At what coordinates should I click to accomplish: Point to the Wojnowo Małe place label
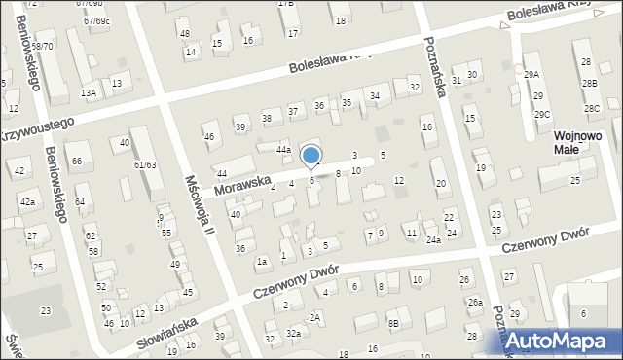(578, 143)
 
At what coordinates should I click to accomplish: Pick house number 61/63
(145, 164)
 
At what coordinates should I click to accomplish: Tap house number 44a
(283, 150)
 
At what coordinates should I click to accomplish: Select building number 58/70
(42, 46)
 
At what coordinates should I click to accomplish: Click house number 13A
(89, 92)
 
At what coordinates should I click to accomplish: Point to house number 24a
(433, 239)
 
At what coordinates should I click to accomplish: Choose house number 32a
(293, 333)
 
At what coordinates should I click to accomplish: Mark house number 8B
(392, 323)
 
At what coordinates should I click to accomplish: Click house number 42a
(28, 201)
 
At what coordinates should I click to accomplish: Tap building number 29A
(531, 75)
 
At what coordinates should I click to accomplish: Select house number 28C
(592, 108)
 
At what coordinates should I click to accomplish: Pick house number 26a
(474, 303)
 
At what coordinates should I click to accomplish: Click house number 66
(76, 161)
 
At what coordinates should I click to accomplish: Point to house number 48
(184, 33)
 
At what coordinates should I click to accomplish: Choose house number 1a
(262, 261)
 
